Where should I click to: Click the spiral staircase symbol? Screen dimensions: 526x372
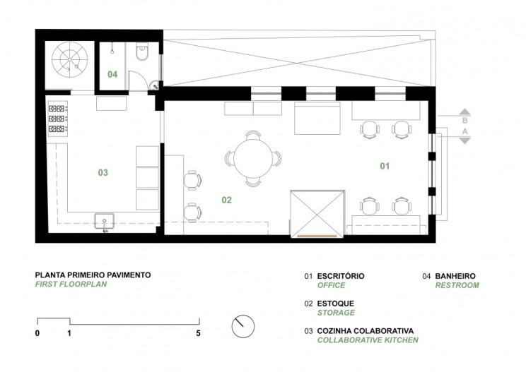(x=70, y=59)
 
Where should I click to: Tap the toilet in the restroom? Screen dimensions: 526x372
(x=142, y=52)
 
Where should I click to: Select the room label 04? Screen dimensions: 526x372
(x=112, y=74)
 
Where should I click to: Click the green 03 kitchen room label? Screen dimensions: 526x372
(x=103, y=172)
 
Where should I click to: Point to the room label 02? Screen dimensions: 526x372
(x=227, y=200)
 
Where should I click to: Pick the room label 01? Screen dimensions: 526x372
(x=385, y=166)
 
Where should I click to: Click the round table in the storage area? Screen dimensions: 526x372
(x=252, y=159)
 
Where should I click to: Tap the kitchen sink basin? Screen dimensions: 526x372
(x=105, y=222)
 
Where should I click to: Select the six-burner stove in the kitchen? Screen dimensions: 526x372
(x=58, y=119)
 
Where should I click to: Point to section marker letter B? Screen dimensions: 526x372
(x=465, y=120)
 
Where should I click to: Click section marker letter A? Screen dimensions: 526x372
(x=465, y=131)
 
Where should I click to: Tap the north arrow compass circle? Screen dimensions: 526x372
(x=243, y=326)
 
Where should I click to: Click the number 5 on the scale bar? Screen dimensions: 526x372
(x=198, y=333)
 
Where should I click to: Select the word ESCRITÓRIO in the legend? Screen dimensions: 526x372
(x=341, y=276)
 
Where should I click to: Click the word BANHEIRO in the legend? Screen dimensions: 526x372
(x=455, y=276)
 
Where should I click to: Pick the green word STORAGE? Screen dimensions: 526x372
(x=336, y=313)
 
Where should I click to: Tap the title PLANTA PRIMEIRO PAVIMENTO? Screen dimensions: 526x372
(x=93, y=275)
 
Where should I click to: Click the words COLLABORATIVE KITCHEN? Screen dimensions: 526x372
(x=368, y=340)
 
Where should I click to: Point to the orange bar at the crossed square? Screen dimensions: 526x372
(x=317, y=236)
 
